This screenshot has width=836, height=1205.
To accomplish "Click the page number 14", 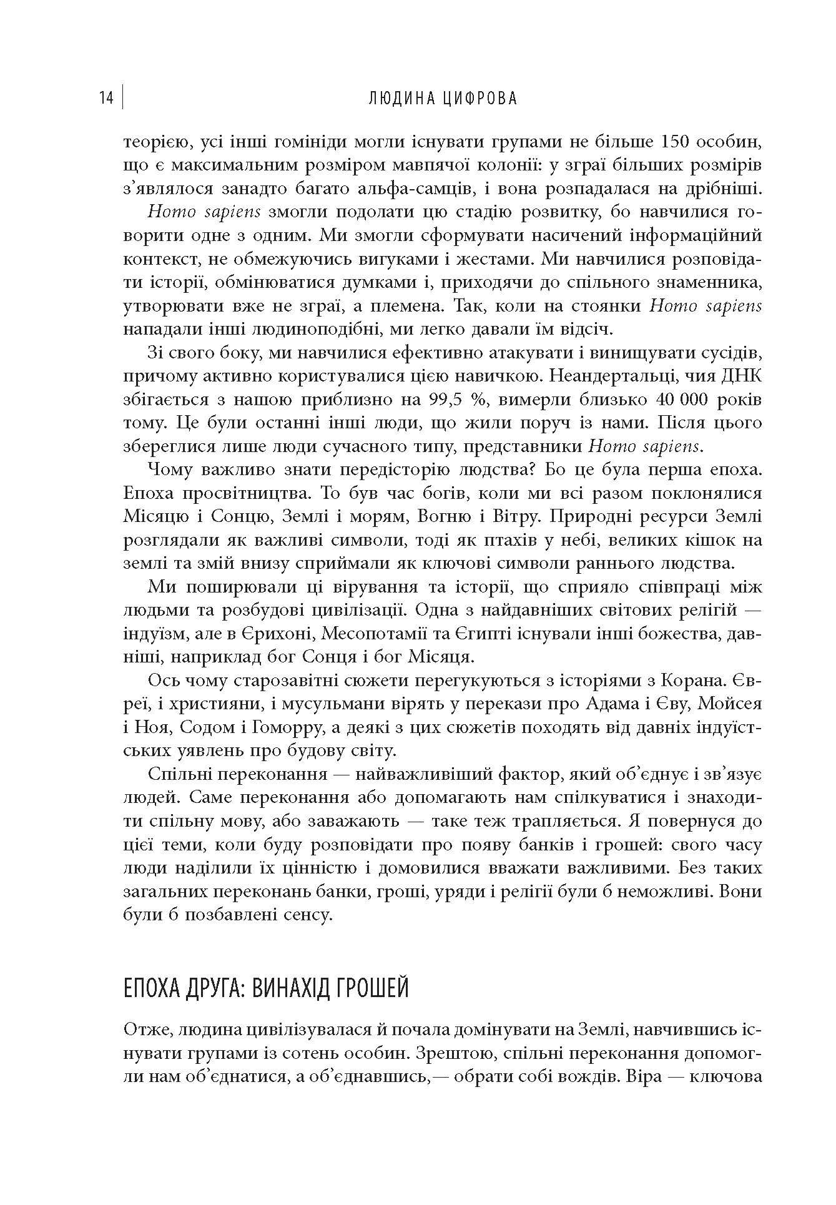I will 106,99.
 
